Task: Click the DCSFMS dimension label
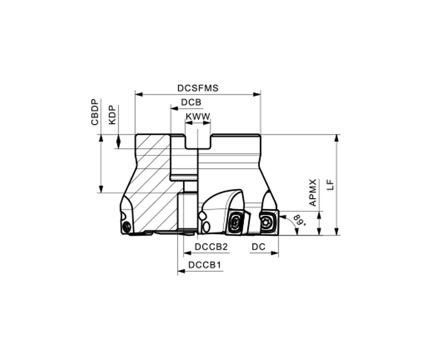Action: (x=198, y=88)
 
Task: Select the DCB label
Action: (x=191, y=102)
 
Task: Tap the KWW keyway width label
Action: (x=198, y=116)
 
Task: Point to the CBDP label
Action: (x=95, y=112)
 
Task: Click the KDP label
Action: (x=112, y=115)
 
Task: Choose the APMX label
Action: (x=313, y=193)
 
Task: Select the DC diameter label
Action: (x=259, y=247)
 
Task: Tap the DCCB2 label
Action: (x=211, y=247)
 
